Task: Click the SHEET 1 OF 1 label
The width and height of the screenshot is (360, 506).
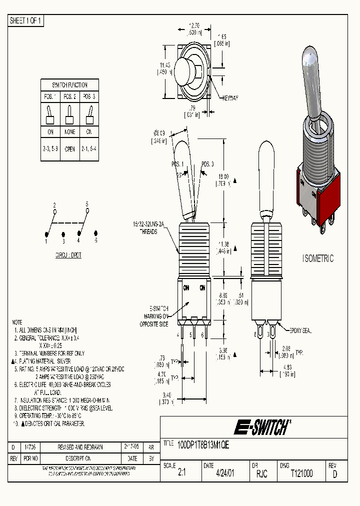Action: click(x=26, y=20)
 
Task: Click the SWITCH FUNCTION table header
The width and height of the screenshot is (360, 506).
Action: click(x=70, y=85)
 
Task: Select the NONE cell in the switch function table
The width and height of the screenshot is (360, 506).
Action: click(x=70, y=132)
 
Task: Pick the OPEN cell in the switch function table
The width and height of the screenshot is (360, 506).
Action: click(x=70, y=149)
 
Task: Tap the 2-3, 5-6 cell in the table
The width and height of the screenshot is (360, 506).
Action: click(x=50, y=149)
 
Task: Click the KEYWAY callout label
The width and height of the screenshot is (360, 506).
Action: click(x=230, y=98)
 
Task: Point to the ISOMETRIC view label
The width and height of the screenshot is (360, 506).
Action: click(x=318, y=258)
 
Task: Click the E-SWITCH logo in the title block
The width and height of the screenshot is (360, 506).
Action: click(x=262, y=427)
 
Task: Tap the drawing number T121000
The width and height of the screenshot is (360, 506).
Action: click(x=301, y=473)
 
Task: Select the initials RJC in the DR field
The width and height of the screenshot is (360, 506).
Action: click(x=261, y=473)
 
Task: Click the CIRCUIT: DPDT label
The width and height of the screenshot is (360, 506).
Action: click(x=68, y=255)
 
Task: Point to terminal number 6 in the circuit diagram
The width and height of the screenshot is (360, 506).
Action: click(x=95, y=240)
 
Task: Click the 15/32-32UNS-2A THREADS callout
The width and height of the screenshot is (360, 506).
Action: click(x=148, y=228)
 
